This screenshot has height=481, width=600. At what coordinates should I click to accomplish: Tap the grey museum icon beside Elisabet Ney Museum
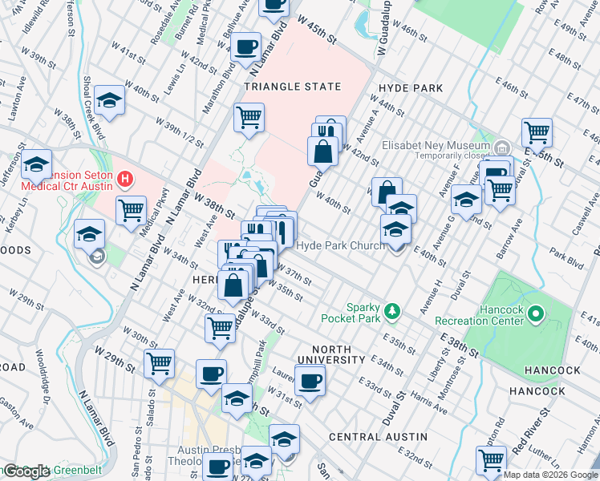point(502,147)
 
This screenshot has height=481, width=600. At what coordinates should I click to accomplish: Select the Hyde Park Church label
point(341,245)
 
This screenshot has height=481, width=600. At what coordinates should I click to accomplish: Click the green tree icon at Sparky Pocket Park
point(392,309)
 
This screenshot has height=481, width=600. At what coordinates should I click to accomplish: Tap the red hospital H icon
point(124,177)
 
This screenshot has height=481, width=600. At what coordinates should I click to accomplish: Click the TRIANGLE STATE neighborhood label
point(293,87)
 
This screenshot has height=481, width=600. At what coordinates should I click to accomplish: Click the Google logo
point(26,471)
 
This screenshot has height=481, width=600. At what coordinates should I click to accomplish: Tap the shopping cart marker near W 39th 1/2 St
point(249,117)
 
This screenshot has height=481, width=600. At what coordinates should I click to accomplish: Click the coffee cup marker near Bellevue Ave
point(247,46)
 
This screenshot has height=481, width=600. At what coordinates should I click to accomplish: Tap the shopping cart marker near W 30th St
point(159,362)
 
